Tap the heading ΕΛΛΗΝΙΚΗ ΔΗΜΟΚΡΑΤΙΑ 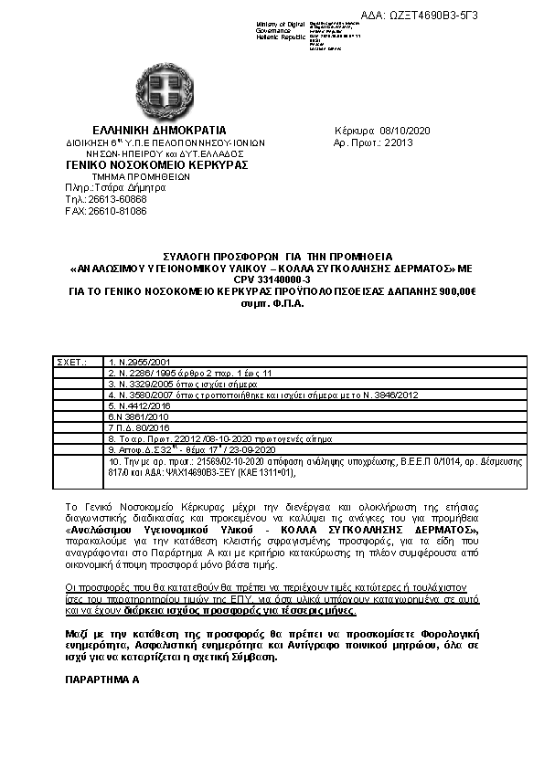(159, 131)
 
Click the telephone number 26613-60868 (118, 199)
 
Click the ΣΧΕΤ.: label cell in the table (73, 363)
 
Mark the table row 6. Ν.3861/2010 (138, 416)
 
